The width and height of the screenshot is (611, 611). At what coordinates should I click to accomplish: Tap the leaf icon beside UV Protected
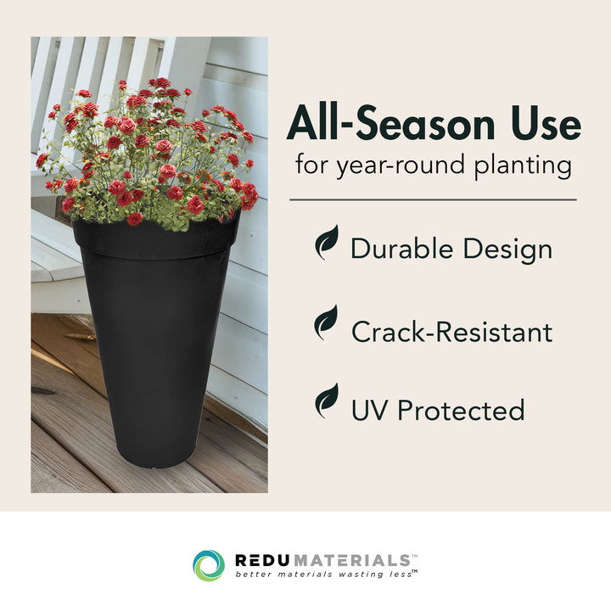(x=327, y=401)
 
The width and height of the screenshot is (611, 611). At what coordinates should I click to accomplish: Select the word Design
(x=508, y=249)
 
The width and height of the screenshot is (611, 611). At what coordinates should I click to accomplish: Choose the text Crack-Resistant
(x=451, y=331)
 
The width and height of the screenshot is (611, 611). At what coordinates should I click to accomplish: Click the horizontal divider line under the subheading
(x=433, y=199)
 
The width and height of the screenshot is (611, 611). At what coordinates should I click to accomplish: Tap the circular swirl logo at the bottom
(x=209, y=565)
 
